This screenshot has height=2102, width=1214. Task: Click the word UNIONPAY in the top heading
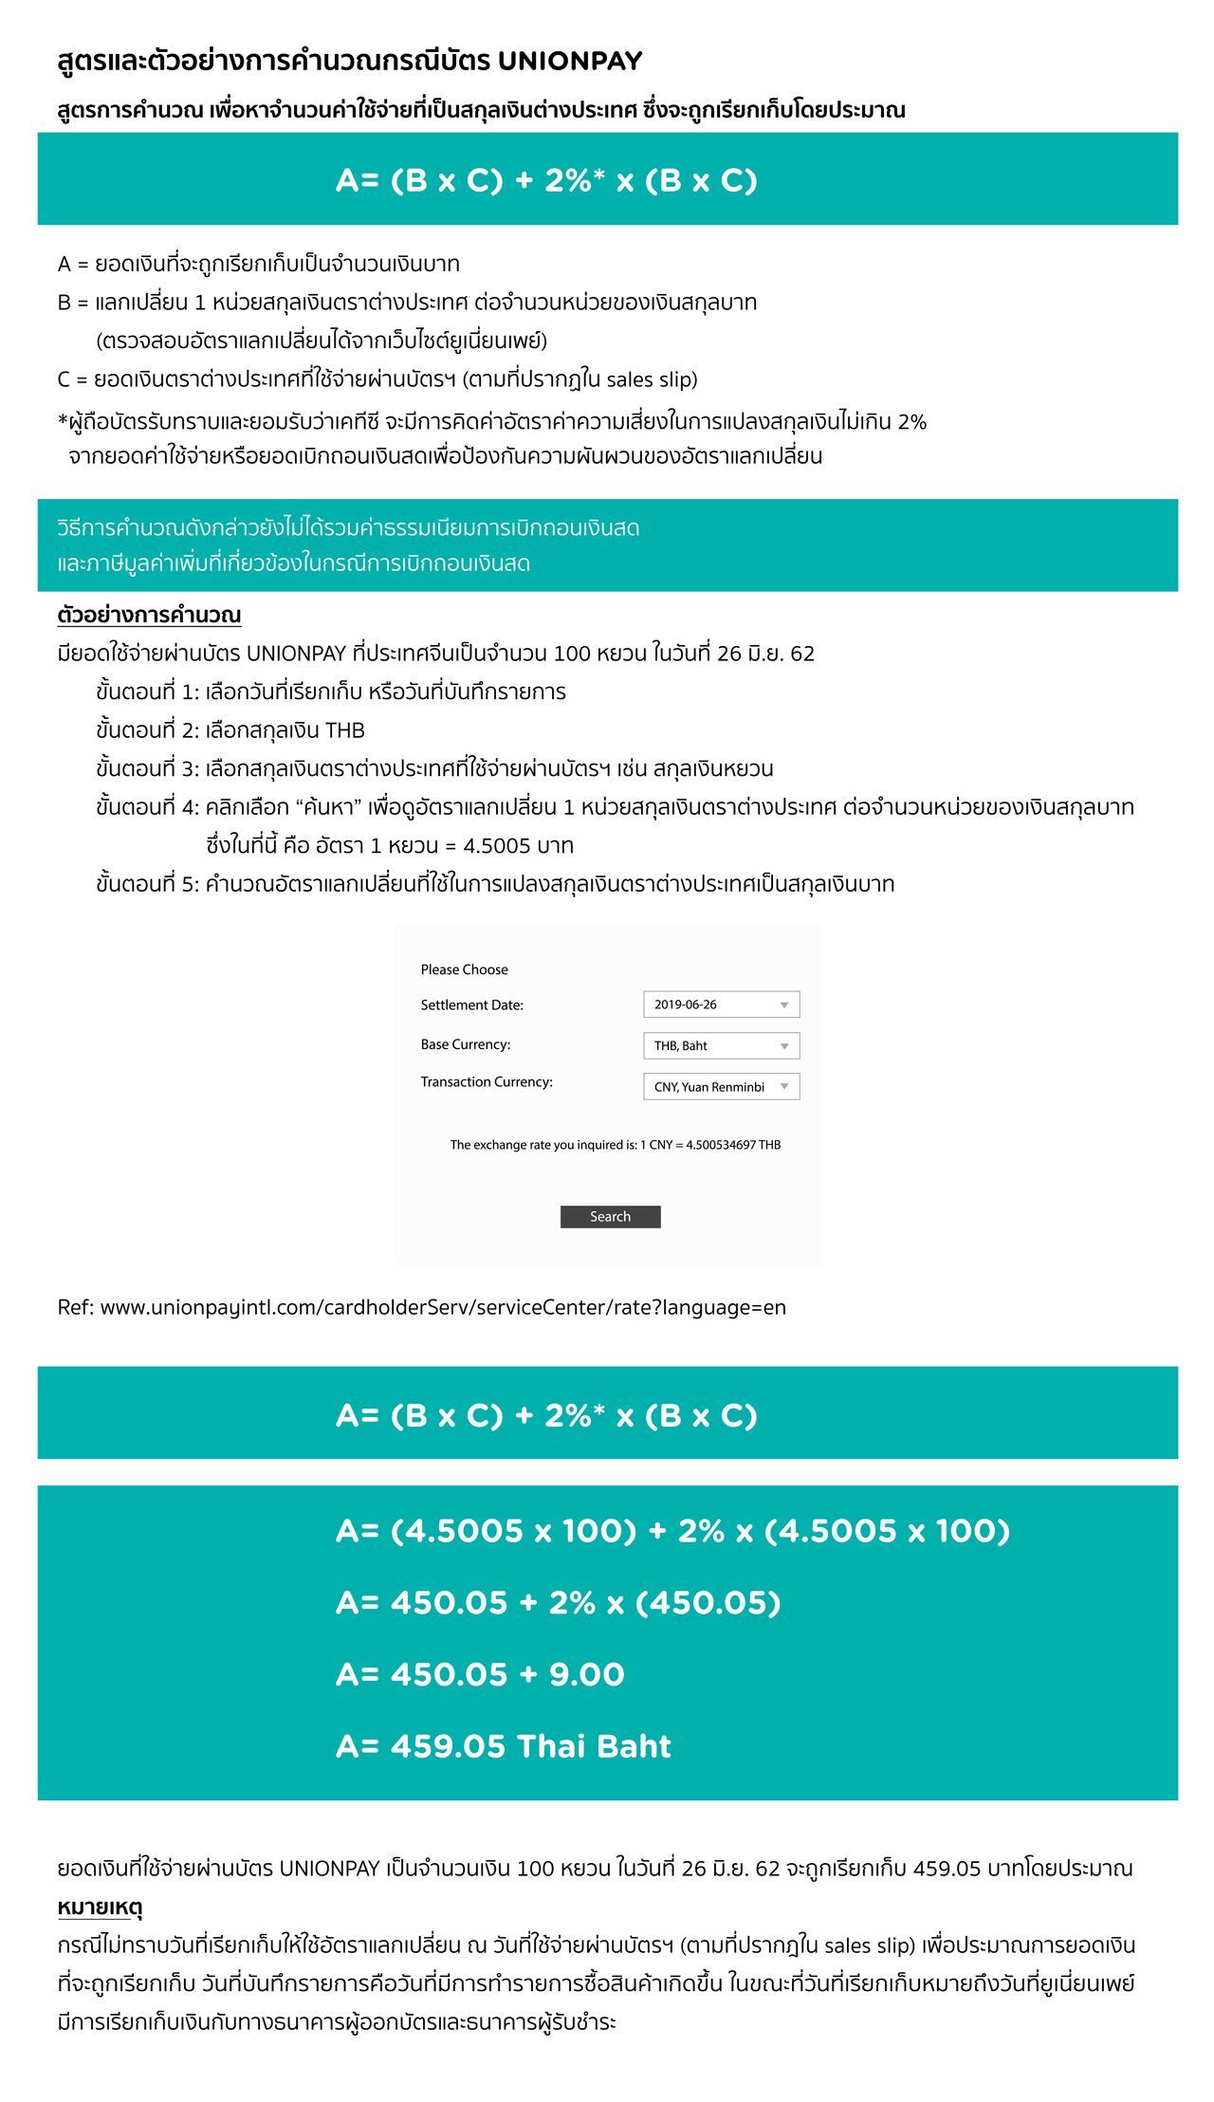coord(570,62)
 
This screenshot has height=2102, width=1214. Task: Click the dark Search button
coord(610,1217)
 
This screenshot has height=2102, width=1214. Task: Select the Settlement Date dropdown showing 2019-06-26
coord(721,1005)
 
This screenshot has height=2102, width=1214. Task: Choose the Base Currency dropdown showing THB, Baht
coord(721,1045)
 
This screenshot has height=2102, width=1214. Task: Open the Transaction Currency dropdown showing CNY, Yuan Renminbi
coord(721,1086)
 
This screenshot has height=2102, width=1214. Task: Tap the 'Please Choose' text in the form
coord(464,969)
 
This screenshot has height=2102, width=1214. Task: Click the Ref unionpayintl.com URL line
coord(421,1307)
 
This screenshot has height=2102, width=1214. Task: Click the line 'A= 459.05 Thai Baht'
coord(503,1746)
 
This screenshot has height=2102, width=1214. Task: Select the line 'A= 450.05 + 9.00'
coord(480,1674)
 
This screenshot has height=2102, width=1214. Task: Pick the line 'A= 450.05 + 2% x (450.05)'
coord(558,1602)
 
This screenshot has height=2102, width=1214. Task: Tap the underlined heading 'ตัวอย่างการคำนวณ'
coord(149,615)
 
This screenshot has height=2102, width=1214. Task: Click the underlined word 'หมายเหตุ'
coord(100,1907)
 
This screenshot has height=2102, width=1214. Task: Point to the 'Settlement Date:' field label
coord(471,1005)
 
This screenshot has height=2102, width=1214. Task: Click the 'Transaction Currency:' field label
coord(486,1082)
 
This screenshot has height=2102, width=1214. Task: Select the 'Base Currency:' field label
coord(465,1044)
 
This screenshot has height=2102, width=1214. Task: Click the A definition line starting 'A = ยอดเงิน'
coord(258,264)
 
